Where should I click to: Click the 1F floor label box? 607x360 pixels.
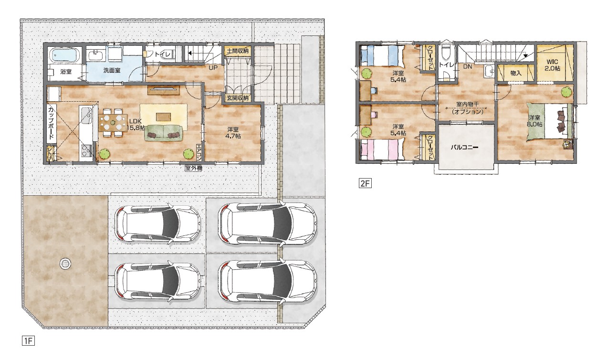[29, 341]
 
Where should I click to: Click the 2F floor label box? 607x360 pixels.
[365, 183]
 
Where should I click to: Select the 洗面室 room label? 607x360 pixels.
[112, 70]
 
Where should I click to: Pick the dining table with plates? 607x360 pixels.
[113, 123]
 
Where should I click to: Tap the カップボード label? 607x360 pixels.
[52, 123]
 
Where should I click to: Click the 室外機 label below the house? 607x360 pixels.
[193, 168]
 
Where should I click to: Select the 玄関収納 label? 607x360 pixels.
[237, 98]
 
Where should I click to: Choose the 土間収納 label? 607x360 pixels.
[237, 50]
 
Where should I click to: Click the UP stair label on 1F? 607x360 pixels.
[213, 67]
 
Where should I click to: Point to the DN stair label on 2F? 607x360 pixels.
[468, 66]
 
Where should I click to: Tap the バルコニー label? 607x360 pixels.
[464, 148]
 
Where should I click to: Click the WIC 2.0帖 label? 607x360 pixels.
[552, 65]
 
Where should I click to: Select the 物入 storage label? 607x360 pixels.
[516, 73]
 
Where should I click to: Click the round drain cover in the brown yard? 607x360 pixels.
[65, 263]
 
